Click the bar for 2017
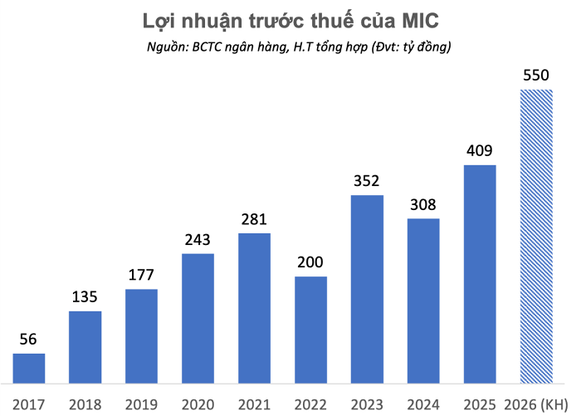[29, 368]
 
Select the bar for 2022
[310, 330]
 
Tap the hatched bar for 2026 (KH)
[536, 237]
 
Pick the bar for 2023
[367, 289]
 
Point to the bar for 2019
[141, 335]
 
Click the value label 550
[536, 76]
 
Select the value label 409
[480, 151]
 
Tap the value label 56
[29, 339]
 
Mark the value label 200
[310, 262]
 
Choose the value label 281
[254, 219]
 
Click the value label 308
[423, 205]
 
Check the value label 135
[85, 297]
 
